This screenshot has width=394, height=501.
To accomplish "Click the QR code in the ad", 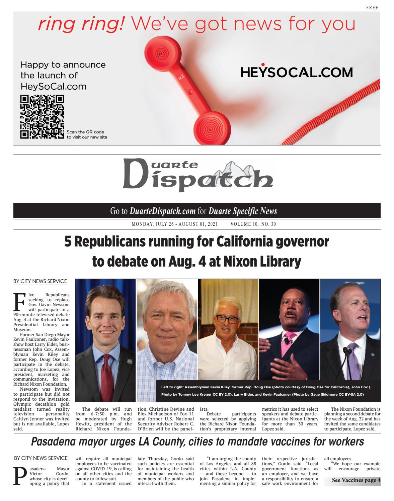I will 42,117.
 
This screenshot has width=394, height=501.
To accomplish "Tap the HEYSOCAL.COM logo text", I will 296,72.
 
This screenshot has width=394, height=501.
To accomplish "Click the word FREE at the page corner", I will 372,8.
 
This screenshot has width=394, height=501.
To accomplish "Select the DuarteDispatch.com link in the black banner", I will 162,211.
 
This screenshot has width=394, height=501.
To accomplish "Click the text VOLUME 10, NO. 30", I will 253,224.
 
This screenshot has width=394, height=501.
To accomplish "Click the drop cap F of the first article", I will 19,302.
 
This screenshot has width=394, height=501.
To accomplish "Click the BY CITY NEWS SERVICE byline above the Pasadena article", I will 41,458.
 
